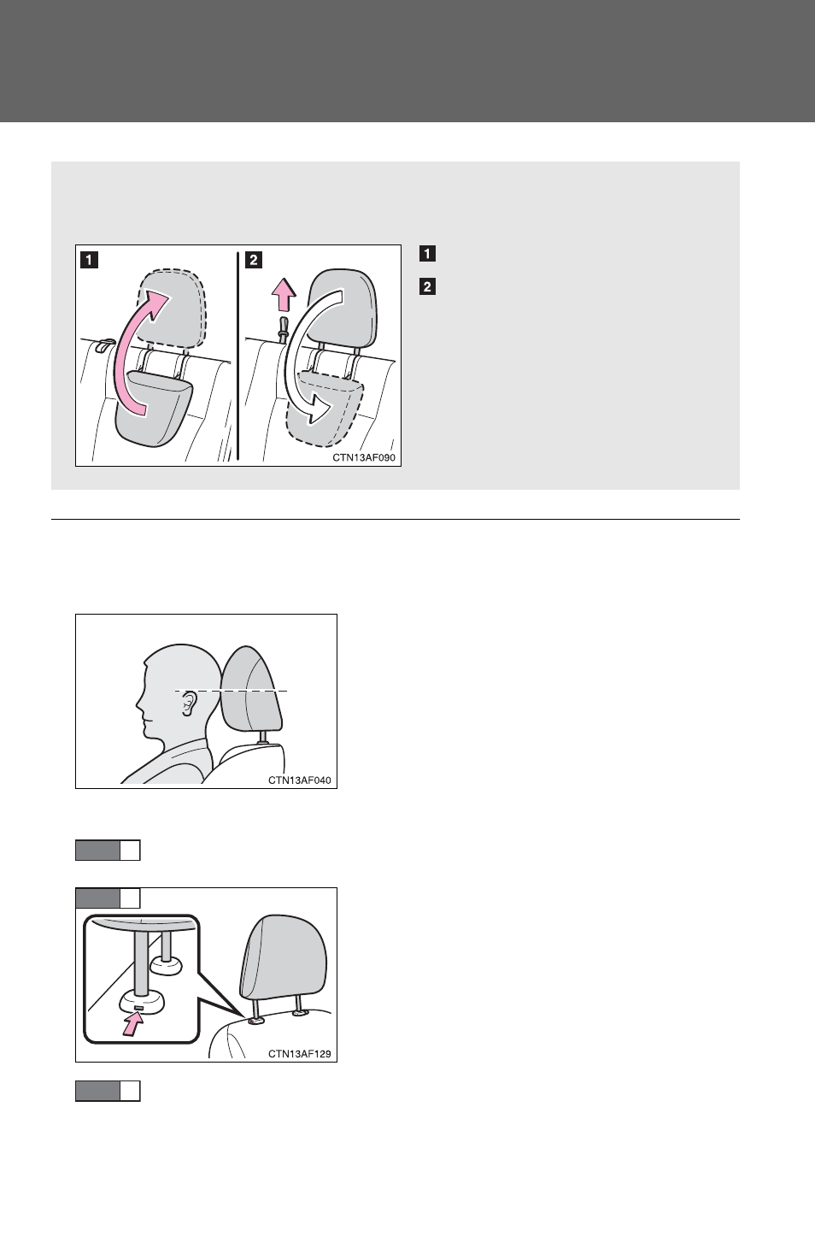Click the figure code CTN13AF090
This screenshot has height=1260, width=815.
point(364,457)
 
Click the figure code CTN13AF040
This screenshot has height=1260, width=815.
point(300,780)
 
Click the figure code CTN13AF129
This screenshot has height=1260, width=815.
point(300,1054)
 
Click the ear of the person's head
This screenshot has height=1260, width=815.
point(190,704)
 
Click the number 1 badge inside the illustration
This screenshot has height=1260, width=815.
point(90,261)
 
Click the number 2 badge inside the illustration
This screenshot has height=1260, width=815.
point(254,261)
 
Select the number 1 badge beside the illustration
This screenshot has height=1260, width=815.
point(427,254)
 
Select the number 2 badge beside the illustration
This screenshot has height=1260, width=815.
point(427,287)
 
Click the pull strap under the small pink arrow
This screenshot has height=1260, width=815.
point(284,328)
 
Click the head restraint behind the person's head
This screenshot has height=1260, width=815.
point(251,692)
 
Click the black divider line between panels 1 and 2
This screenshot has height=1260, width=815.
point(237,356)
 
